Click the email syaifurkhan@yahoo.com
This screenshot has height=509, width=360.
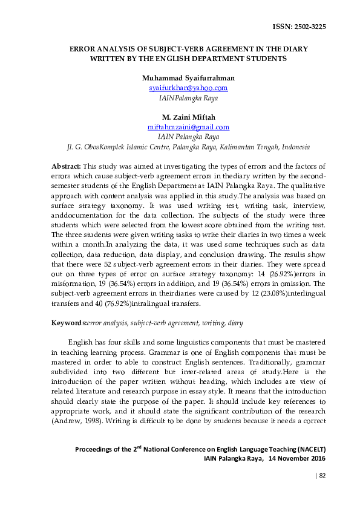coord(188,88)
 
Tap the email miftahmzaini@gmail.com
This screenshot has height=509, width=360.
coord(188,127)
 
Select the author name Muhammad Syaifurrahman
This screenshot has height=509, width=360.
coord(188,78)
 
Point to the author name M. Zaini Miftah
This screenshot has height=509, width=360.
coord(188,117)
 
